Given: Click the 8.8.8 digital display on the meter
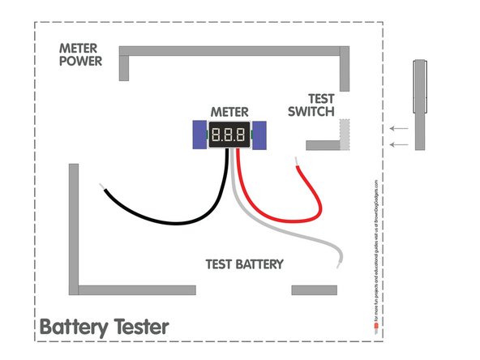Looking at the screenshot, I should coord(229,135).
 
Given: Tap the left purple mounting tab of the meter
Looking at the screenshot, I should coord(199,135).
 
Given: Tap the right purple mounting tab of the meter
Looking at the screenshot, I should coord(259,135).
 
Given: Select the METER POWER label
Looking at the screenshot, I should coord(81,55).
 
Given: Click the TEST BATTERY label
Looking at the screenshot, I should coord(245,264).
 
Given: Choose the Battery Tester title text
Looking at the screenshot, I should coord(105,328).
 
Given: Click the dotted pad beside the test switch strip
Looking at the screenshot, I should coord(344,134).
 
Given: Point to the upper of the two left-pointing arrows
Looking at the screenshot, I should coord(397,128).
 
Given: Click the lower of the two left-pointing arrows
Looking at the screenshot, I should coord(397,144).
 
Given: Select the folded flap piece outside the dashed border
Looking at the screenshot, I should coord(419,105).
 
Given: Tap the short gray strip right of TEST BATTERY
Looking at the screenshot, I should coord(314,289).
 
